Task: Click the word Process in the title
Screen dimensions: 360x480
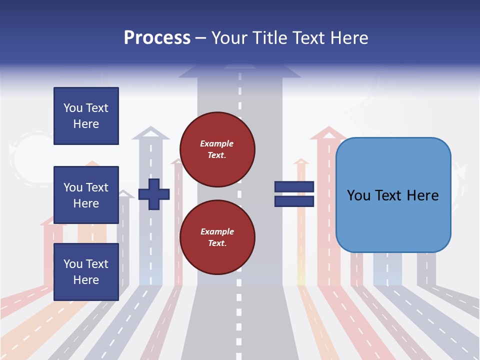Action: tap(157, 38)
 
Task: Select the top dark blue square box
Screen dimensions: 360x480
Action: tap(86, 116)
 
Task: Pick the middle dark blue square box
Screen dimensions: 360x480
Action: tap(86, 195)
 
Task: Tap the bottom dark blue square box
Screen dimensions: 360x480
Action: tap(86, 272)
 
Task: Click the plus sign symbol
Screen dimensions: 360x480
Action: tap(154, 194)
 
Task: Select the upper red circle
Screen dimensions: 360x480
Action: tap(217, 149)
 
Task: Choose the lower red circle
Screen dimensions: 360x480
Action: tap(217, 237)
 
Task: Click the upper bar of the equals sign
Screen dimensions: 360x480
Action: tap(294, 187)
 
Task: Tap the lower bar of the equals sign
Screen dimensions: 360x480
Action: tap(294, 201)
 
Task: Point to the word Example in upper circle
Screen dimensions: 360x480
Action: tap(217, 144)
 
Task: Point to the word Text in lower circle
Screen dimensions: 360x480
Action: tap(216, 243)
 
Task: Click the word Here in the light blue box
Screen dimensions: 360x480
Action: tap(422, 195)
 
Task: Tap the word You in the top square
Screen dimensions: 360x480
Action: tap(73, 108)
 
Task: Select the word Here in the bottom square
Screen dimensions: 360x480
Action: tap(86, 280)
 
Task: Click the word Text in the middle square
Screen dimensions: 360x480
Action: tap(97, 187)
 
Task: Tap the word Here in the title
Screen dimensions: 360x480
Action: tap(349, 38)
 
